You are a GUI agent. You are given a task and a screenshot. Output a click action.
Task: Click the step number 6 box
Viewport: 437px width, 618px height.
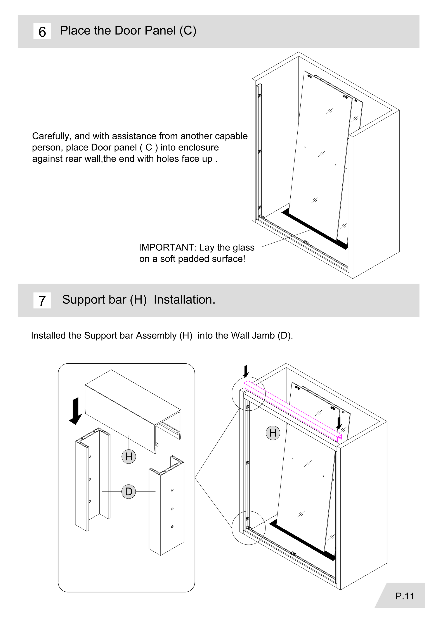pos(42,31)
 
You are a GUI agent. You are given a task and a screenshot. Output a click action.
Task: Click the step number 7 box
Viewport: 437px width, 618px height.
pos(42,300)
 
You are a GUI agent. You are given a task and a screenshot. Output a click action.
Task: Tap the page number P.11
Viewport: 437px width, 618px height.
pos(405,596)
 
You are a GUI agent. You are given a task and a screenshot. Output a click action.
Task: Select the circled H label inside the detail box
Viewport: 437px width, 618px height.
pos(129,457)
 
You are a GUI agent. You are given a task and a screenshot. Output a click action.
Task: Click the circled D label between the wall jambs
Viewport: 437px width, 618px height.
pos(129,491)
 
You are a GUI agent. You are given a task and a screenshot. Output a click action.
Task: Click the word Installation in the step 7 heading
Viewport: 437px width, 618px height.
pos(184,300)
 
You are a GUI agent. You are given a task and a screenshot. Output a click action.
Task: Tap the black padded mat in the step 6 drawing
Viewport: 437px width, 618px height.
pos(315,229)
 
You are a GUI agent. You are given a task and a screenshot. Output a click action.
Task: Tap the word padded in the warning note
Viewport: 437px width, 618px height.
pos(193,259)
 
